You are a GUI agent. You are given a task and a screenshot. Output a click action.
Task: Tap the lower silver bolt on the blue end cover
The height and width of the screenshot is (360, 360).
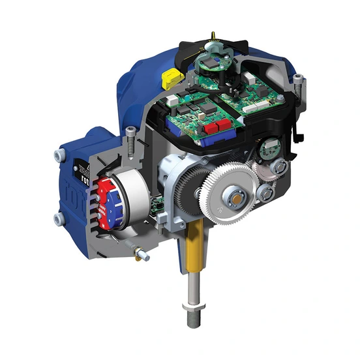(x=59, y=220)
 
